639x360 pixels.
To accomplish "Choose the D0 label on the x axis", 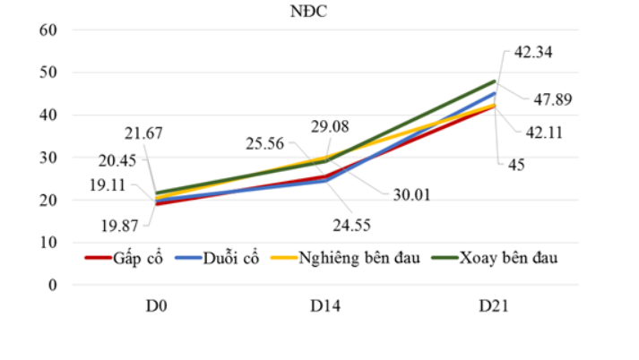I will pos(159,307).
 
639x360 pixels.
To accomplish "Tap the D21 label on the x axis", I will pos(494,307).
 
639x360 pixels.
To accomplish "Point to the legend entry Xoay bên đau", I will pos(508,260).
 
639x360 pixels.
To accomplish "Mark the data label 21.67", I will pos(143,133).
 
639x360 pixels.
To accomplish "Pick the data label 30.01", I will pos(412,193).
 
